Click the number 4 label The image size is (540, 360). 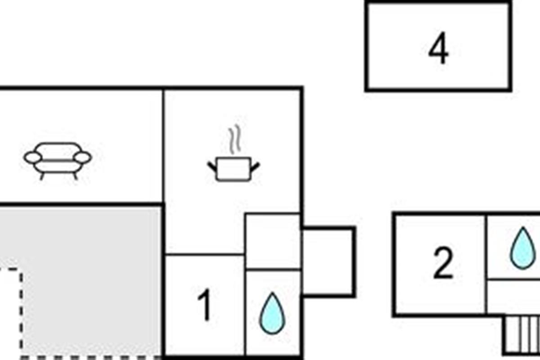coord(438,48)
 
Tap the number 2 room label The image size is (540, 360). coord(443,263)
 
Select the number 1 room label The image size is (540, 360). coord(205,305)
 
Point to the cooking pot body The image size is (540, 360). coord(234,169)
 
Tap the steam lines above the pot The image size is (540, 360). coord(235,139)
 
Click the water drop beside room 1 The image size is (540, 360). coord(272,313)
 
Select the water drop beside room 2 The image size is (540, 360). coord(523,248)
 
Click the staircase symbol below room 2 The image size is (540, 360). coord(522,335)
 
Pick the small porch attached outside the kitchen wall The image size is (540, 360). coord(329,262)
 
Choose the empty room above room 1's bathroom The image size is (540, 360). coord(273,241)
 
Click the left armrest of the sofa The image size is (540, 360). coord(33,157)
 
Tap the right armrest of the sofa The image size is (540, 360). coord(83,157)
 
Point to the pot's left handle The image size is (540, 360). coord(212,167)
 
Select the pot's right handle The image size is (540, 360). coord(255,167)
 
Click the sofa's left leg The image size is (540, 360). coord(42,176)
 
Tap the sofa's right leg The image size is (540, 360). coord(75,176)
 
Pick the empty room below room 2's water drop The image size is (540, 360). coord(513,297)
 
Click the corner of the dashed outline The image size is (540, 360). coord(21,270)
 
